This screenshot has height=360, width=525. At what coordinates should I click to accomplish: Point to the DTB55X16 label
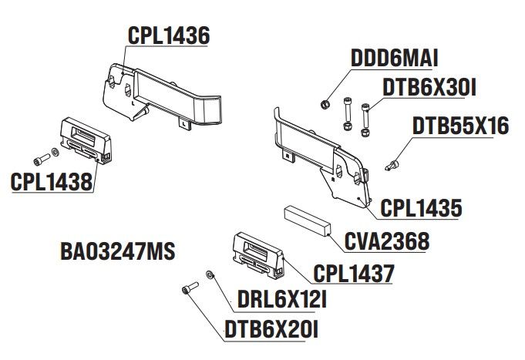pos(460,125)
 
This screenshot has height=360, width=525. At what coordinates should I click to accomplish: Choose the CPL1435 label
pos(422,208)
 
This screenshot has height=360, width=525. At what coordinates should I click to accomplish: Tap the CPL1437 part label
pos(353,273)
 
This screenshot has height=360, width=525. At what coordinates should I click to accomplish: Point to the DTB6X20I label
pos(272,331)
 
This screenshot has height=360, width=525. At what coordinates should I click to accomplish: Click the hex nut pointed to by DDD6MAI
pos(325,104)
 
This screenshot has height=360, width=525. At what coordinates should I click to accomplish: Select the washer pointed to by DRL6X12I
pos(209,275)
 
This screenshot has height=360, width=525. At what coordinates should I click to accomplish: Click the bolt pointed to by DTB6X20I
pos(190,291)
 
